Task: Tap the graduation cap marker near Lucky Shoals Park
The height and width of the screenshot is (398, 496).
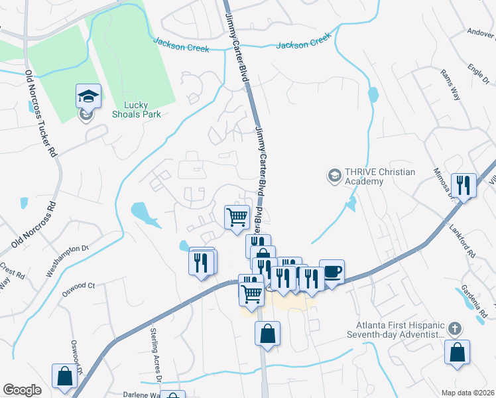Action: click(88, 97)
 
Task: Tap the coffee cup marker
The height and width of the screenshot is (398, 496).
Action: click(332, 272)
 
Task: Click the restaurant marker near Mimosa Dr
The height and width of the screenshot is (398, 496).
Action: click(463, 185)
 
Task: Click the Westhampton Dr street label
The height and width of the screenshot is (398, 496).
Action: click(67, 261)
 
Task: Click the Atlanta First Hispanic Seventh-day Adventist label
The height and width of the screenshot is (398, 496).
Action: click(398, 329)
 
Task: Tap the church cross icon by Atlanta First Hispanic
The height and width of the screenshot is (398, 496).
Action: click(455, 328)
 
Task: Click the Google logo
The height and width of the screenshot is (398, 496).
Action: click(22, 390)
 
